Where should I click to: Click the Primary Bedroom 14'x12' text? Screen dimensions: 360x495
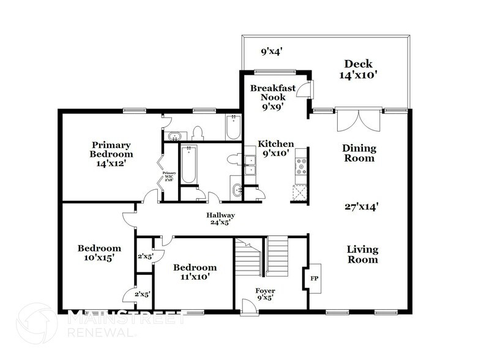[108, 154]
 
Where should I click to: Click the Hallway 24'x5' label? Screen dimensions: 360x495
[220, 219]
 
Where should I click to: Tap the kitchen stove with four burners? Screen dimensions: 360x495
[300, 167]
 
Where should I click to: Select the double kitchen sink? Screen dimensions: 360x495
[250, 165]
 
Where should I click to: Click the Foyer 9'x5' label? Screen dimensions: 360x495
[265, 294]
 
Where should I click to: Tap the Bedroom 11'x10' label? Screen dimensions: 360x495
[195, 272]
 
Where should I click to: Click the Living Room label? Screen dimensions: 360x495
[362, 254]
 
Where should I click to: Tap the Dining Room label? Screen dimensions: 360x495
[359, 153]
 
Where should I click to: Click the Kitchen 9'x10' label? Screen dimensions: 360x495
[275, 148]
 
